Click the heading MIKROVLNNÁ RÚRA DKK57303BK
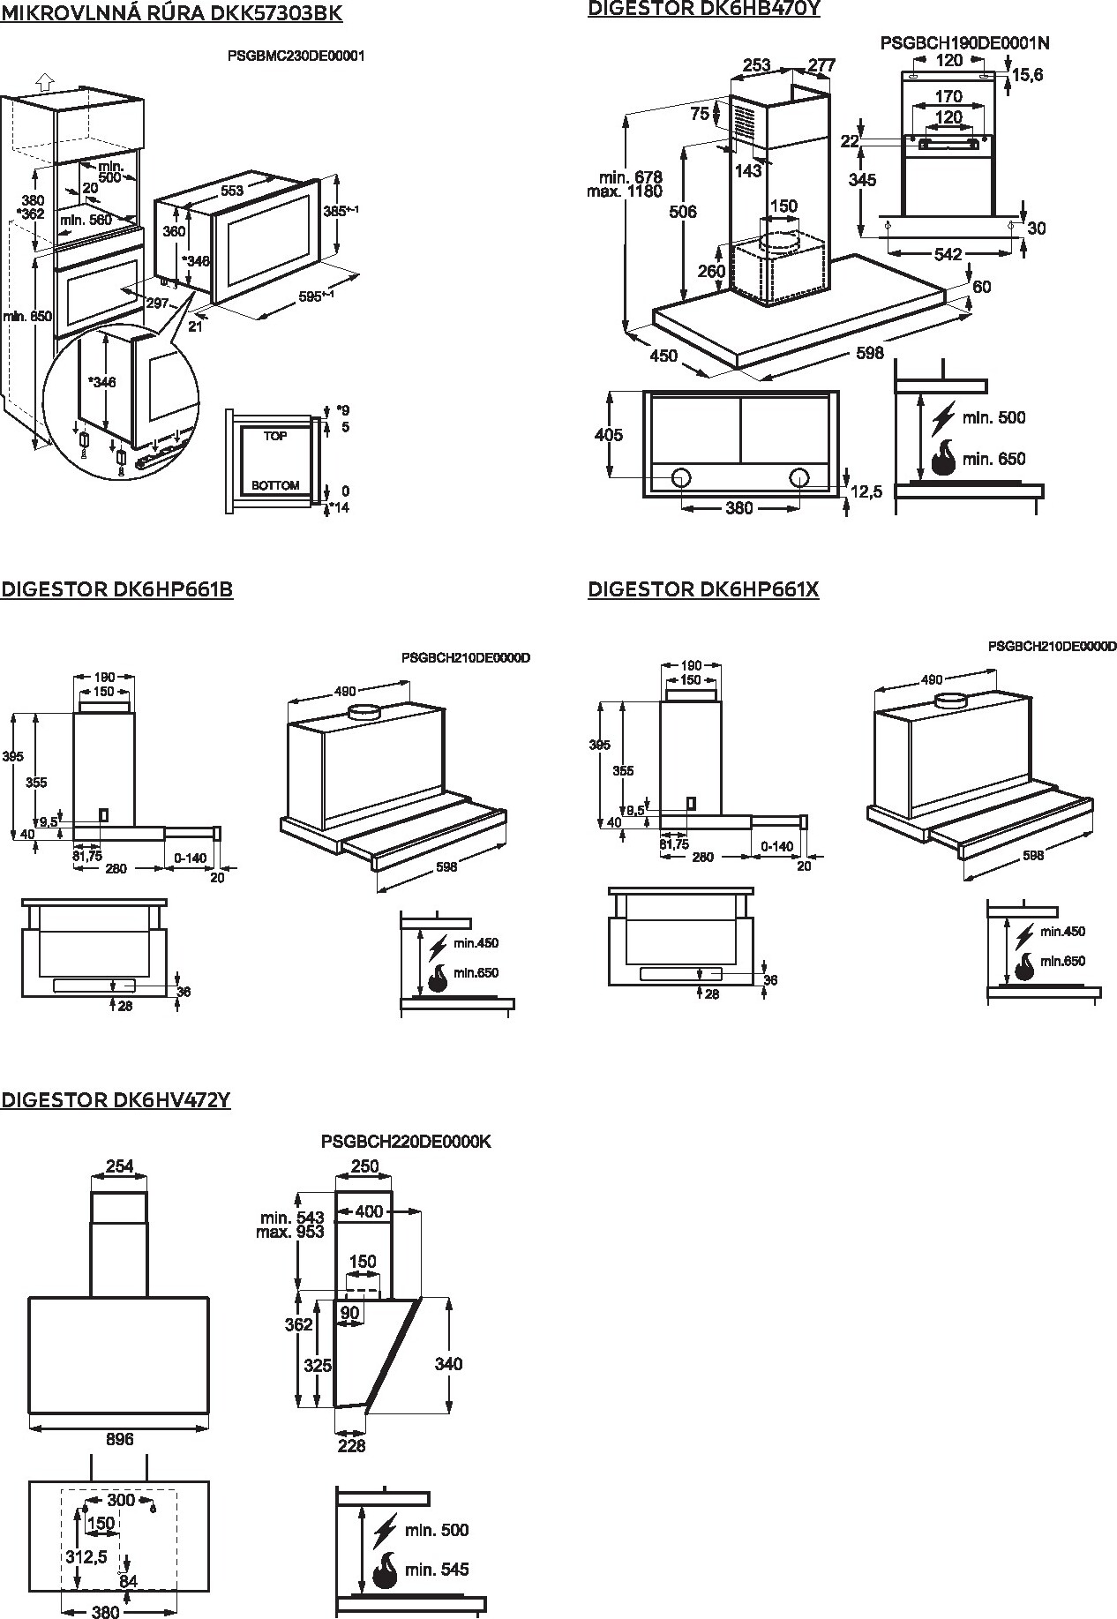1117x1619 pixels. pyautogui.click(x=171, y=13)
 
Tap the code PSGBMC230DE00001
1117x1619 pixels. pyautogui.click(x=296, y=56)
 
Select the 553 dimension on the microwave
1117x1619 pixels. pyautogui.click(x=232, y=191)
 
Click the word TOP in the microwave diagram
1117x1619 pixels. pyautogui.click(x=275, y=436)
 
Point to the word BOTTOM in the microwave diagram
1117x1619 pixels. pyautogui.click(x=275, y=485)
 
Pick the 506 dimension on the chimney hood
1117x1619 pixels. pyautogui.click(x=683, y=212)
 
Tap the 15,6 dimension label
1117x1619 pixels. pyautogui.click(x=1027, y=75)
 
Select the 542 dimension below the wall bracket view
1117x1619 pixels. pyautogui.click(x=948, y=254)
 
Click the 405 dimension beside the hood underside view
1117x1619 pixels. pyautogui.click(x=609, y=435)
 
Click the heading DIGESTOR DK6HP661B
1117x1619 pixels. pyautogui.click(x=116, y=589)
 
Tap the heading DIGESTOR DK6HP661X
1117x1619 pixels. pyautogui.click(x=703, y=589)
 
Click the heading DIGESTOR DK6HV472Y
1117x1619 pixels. pyautogui.click(x=116, y=1100)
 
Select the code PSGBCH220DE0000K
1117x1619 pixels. pyautogui.click(x=406, y=1142)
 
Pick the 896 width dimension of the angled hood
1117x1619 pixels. pyautogui.click(x=119, y=1439)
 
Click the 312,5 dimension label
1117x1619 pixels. pyautogui.click(x=86, y=1557)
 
